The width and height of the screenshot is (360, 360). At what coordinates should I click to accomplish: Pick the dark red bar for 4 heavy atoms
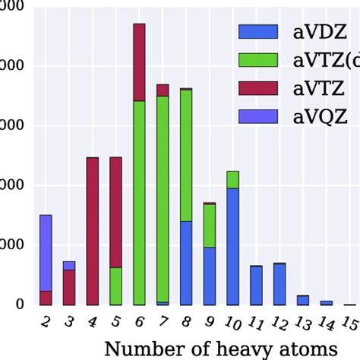point(93,231)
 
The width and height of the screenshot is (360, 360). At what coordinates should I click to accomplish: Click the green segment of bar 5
point(115,286)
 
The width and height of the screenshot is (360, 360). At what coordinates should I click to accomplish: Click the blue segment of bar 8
point(186,263)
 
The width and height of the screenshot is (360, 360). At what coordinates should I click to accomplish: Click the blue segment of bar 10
point(233,246)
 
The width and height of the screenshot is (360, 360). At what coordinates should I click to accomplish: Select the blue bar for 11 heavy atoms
point(257,285)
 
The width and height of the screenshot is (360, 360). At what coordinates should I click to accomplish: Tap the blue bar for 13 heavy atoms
point(303,300)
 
